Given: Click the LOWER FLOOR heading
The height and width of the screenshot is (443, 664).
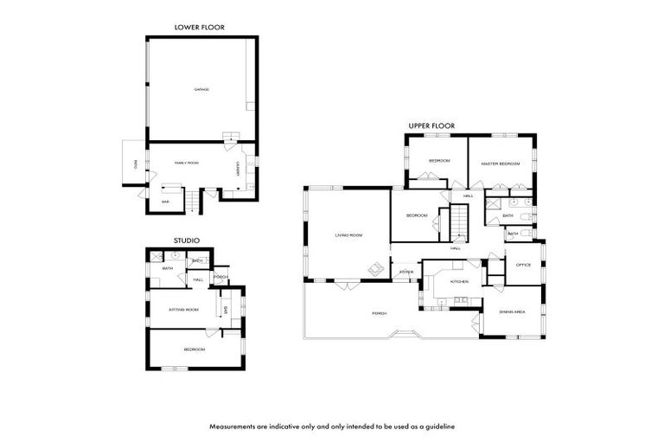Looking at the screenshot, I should (x=200, y=28).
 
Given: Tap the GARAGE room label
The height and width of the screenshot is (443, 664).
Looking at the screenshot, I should (x=201, y=89).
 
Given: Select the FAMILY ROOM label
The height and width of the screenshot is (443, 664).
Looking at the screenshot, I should (x=187, y=162).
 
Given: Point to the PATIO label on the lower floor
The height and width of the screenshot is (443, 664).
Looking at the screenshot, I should (x=135, y=164).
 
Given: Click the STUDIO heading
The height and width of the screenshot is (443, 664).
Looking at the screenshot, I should (x=187, y=240).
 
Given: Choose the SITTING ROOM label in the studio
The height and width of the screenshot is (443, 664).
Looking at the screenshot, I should (x=182, y=309).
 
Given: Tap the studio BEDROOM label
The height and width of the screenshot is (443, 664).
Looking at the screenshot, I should (x=194, y=349).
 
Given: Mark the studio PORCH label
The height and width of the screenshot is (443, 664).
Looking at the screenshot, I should (x=220, y=277).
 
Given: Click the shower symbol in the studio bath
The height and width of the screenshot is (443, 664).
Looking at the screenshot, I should (x=156, y=257).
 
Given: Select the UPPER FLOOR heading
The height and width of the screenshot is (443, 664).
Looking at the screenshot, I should (x=431, y=126).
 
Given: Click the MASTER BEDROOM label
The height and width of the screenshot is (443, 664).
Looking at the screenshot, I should (x=500, y=163).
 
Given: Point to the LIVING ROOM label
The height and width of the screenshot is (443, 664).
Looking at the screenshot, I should (x=348, y=235).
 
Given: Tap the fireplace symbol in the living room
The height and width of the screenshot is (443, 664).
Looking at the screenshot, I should (x=377, y=271).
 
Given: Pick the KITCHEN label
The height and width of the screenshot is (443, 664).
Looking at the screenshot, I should (x=459, y=281).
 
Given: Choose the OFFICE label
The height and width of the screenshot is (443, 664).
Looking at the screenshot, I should (x=523, y=265).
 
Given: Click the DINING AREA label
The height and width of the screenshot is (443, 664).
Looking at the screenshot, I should (x=513, y=311).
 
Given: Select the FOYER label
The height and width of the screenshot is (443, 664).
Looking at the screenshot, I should (x=405, y=272).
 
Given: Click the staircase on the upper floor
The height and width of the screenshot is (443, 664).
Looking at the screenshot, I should (x=457, y=227).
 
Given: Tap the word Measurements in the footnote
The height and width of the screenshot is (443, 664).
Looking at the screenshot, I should (x=236, y=427).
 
